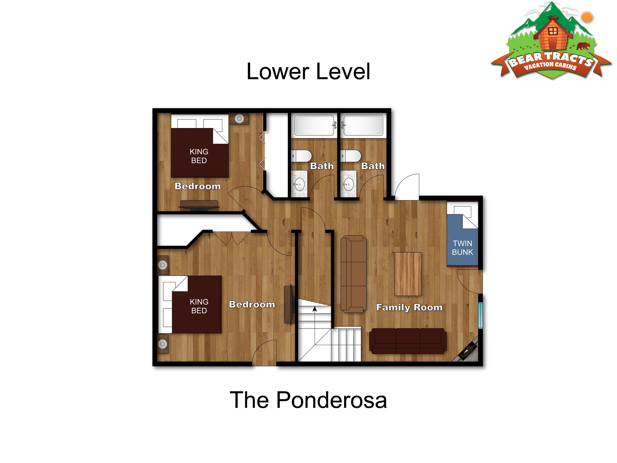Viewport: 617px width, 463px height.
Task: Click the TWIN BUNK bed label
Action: pyautogui.click(x=462, y=248)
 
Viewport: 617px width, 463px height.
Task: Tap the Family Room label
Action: pyautogui.click(x=409, y=307)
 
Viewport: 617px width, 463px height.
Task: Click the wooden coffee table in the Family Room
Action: pyautogui.click(x=408, y=274)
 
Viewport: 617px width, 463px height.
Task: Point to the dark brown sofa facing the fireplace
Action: pyautogui.click(x=408, y=341)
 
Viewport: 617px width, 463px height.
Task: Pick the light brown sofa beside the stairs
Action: pyautogui.click(x=353, y=274)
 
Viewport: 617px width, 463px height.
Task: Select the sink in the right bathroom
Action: pyautogui.click(x=348, y=184)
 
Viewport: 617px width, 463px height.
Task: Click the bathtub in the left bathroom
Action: pyautogui.click(x=314, y=125)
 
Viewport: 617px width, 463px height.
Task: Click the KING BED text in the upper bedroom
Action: pyautogui.click(x=199, y=156)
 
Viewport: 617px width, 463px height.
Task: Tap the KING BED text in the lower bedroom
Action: pyautogui.click(x=199, y=306)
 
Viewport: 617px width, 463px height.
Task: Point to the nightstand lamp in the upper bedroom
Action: pyautogui.click(x=239, y=119)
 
